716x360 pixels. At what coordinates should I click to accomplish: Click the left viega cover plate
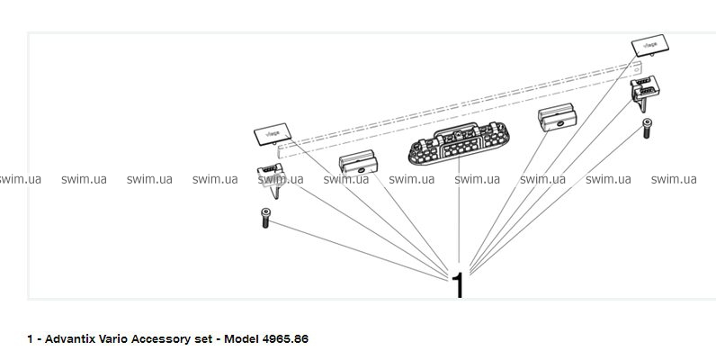[269, 134]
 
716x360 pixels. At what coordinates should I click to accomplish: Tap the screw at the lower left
[264, 217]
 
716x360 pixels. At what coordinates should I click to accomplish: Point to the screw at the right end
[646, 128]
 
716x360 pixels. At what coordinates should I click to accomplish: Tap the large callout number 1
[458, 285]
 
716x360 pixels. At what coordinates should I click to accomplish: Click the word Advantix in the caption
[67, 338]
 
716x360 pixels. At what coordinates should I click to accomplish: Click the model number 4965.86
[284, 338]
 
